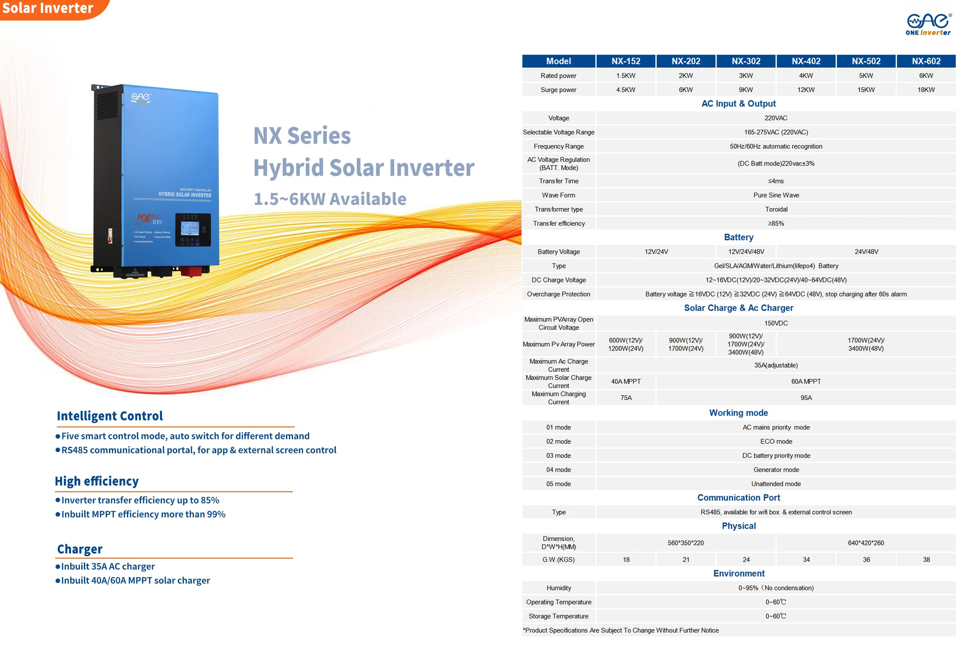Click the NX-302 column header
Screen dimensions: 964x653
click(745, 61)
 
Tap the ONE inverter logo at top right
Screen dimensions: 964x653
click(928, 24)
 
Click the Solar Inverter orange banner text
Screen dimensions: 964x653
click(48, 8)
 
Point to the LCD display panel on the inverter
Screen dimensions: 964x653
click(190, 228)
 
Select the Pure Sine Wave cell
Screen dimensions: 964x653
click(776, 195)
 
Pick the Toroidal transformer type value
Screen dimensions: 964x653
click(776, 209)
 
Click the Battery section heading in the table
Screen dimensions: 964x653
click(738, 237)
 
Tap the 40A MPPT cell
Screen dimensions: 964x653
click(626, 382)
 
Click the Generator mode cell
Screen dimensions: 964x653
click(776, 470)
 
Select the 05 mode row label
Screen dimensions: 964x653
click(558, 484)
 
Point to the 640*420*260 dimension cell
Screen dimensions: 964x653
click(865, 543)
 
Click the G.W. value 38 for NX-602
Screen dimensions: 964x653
click(926, 560)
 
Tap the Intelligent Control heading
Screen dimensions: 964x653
click(110, 416)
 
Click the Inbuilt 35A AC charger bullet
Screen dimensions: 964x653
click(108, 566)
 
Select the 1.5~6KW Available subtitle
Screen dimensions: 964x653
click(330, 199)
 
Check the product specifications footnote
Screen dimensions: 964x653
click(620, 630)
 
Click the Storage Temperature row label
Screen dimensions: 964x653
click(558, 616)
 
